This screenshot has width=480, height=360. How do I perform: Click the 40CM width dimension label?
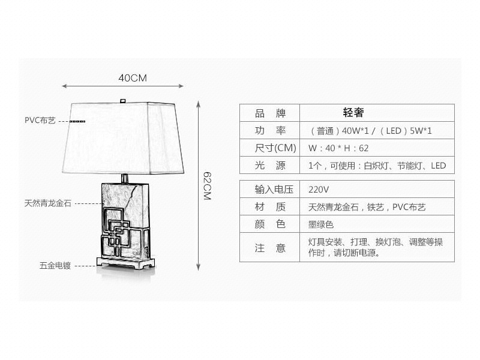[x=133, y=78]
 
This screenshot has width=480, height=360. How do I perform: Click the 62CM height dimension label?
[x=207, y=186]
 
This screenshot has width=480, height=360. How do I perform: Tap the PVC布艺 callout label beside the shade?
[x=40, y=121]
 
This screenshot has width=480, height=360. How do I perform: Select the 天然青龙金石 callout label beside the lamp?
[x=48, y=203]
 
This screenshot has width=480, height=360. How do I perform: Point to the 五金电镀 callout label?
[x=55, y=265]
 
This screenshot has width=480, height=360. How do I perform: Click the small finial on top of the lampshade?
[x=123, y=101]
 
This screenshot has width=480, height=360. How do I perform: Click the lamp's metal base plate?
[x=126, y=263]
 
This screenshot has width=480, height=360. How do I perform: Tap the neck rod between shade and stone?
[x=125, y=178]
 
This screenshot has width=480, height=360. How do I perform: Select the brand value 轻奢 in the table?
[x=353, y=113]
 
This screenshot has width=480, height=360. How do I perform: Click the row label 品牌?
[x=270, y=113]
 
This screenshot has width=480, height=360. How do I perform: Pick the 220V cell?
[x=319, y=190]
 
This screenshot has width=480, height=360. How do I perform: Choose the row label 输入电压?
[x=274, y=190]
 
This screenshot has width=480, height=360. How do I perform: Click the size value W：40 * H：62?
[x=338, y=148]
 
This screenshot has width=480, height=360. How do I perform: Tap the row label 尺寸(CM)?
[x=275, y=148]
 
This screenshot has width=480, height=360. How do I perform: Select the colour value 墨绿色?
[x=321, y=224]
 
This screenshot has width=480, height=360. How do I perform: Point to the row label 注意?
[x=270, y=248]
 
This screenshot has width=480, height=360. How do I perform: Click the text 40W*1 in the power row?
[x=355, y=131]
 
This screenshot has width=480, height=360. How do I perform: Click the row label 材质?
[x=270, y=207]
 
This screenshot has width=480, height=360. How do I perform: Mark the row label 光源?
[x=270, y=166]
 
